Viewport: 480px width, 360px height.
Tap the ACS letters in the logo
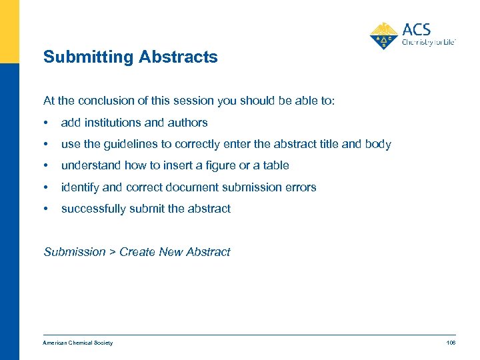(417, 30)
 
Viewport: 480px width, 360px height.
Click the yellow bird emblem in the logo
(383, 35)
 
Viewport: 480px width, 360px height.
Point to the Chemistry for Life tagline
(429, 42)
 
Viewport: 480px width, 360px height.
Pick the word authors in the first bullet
(189, 123)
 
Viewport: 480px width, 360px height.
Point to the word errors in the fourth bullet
(301, 187)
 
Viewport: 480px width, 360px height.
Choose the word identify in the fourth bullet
(79, 187)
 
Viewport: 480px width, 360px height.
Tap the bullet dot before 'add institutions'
(45, 123)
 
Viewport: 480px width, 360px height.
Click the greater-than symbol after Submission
(113, 252)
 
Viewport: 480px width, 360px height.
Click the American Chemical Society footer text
(78, 343)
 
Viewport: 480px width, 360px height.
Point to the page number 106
(451, 343)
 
